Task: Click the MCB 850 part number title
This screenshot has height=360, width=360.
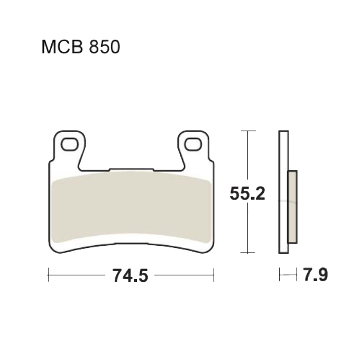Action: (81, 47)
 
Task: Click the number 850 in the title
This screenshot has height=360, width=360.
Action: (104, 47)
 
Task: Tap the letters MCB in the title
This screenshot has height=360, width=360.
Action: (62, 47)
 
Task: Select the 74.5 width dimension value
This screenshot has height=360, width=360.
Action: (130, 275)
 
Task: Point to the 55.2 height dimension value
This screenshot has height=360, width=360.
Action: (247, 193)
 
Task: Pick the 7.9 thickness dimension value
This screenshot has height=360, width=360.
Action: (316, 274)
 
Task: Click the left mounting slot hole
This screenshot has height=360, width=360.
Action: (70, 144)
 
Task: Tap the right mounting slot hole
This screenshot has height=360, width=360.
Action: (193, 144)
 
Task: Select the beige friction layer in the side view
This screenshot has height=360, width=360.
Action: (292, 207)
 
